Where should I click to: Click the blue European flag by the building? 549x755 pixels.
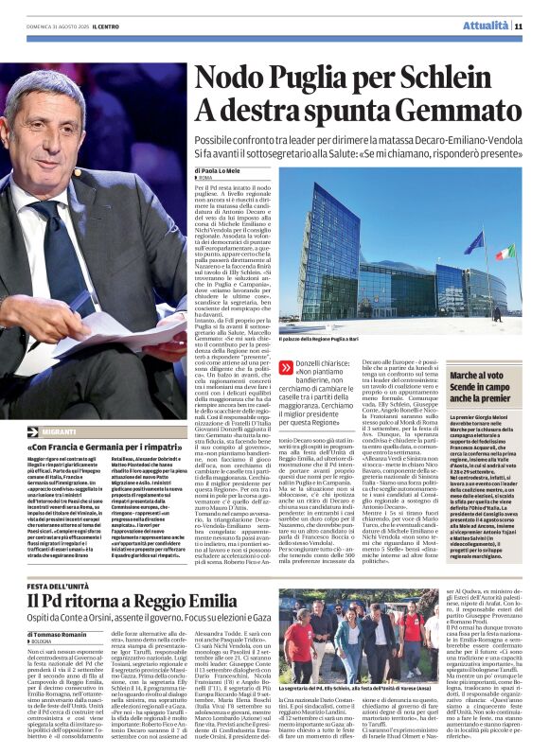(x=473, y=243)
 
